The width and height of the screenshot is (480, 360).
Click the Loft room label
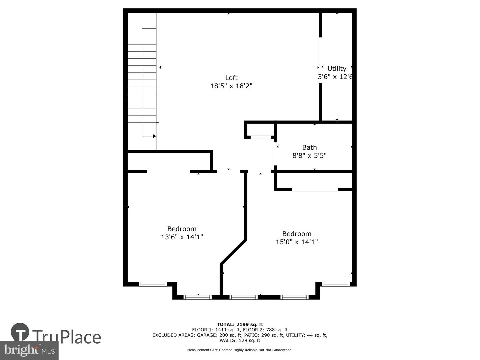pyautogui.click(x=231, y=78)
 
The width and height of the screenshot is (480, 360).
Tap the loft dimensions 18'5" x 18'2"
pyautogui.click(x=231, y=86)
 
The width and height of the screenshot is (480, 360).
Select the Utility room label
pyautogui.click(x=337, y=69)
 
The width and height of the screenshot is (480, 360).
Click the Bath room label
pyautogui.click(x=309, y=147)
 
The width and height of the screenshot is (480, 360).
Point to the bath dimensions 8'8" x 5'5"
pyautogui.click(x=309, y=155)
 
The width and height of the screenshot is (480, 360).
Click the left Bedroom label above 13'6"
pyautogui.click(x=182, y=229)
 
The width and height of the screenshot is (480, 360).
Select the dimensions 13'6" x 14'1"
pyautogui.click(x=182, y=237)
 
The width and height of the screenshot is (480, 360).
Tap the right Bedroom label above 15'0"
pyautogui.click(x=297, y=234)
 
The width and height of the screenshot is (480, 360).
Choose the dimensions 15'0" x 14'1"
pyautogui.click(x=297, y=242)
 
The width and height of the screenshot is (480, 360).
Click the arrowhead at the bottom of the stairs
pyautogui.click(x=154, y=136)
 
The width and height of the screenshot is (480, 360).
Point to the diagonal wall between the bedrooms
pyautogui.click(x=233, y=252)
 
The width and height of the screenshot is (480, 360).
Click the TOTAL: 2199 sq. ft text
pyautogui.click(x=240, y=324)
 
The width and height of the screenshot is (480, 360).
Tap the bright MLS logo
pyautogui.click(x=29, y=350)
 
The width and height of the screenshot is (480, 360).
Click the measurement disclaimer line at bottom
pyautogui.click(x=240, y=350)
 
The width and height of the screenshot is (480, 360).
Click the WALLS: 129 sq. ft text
pyautogui.click(x=240, y=341)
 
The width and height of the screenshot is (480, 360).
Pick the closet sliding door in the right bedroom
pyautogui.click(x=315, y=190)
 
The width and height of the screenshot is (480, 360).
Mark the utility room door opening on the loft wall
pyautogui.click(x=320, y=60)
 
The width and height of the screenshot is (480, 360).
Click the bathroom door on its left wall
pyautogui.click(x=276, y=154)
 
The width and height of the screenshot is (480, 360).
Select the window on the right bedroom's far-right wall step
pyautogui.click(x=336, y=284)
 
